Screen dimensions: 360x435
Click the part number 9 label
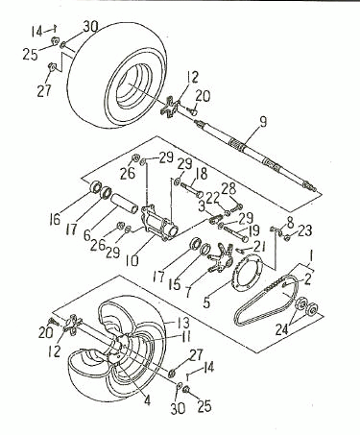pos(263,122)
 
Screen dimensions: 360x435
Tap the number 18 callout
pos(200,174)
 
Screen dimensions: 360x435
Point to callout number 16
pos(55,220)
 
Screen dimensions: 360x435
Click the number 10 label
pos(132,260)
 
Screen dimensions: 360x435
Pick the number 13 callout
pos(182,323)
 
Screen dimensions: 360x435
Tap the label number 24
pos(282,329)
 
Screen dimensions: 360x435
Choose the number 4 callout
pos(147,399)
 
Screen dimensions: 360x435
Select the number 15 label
pos(175,284)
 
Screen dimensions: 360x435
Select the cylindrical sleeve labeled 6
pos(125,205)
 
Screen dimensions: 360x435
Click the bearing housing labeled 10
pos(159,223)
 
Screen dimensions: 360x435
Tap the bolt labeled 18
pos(192,189)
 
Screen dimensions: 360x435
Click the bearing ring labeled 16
pos(95,186)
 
